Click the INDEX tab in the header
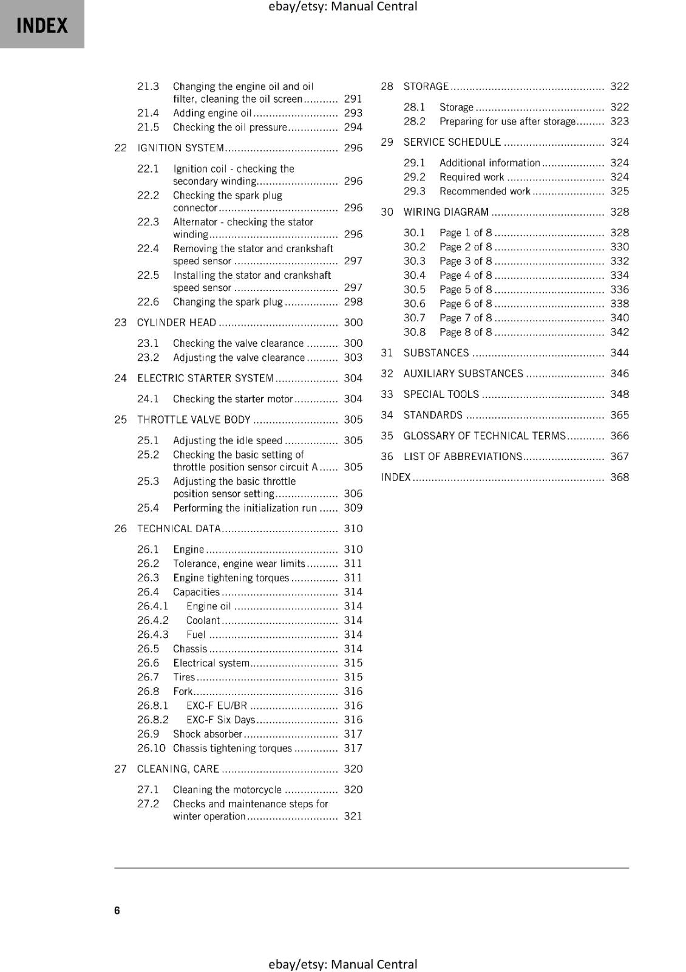click(x=42, y=25)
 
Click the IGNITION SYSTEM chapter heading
click(x=180, y=148)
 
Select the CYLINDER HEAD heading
click(x=177, y=323)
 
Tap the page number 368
click(x=619, y=477)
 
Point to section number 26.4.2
click(x=152, y=620)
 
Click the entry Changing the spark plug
click(x=228, y=302)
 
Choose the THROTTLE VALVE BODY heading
click(x=194, y=420)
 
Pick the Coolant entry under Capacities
click(x=203, y=620)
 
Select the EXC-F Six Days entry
click(x=220, y=720)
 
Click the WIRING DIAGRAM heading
click(x=446, y=212)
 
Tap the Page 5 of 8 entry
click(x=466, y=290)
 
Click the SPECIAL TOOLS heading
click(x=441, y=394)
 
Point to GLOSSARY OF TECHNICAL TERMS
click(x=484, y=436)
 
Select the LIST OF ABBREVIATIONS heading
click(x=463, y=457)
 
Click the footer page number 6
click(x=117, y=910)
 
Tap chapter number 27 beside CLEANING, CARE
click(x=120, y=769)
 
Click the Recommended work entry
click(x=484, y=191)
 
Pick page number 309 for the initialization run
click(x=353, y=508)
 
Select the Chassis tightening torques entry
click(x=232, y=748)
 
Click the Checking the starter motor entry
click(x=233, y=399)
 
